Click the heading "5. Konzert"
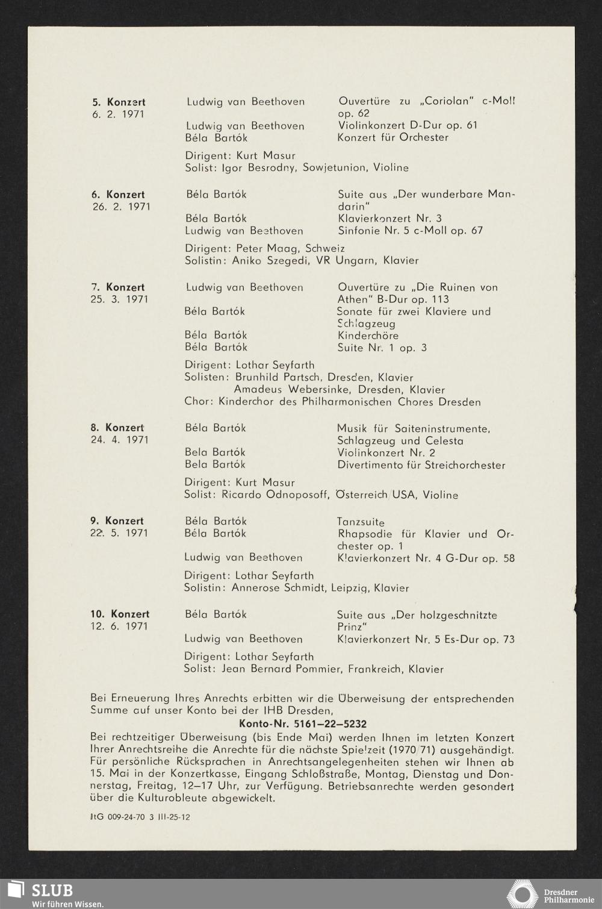118,102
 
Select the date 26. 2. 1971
120,207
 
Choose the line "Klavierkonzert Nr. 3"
389,219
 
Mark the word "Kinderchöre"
368,336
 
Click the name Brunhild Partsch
278,378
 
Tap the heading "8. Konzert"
117,428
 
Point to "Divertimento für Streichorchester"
421,465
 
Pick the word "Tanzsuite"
361,522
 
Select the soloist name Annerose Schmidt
279,588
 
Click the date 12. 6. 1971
119,626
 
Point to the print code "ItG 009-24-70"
120,817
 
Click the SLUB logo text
52,890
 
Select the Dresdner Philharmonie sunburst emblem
522,894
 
